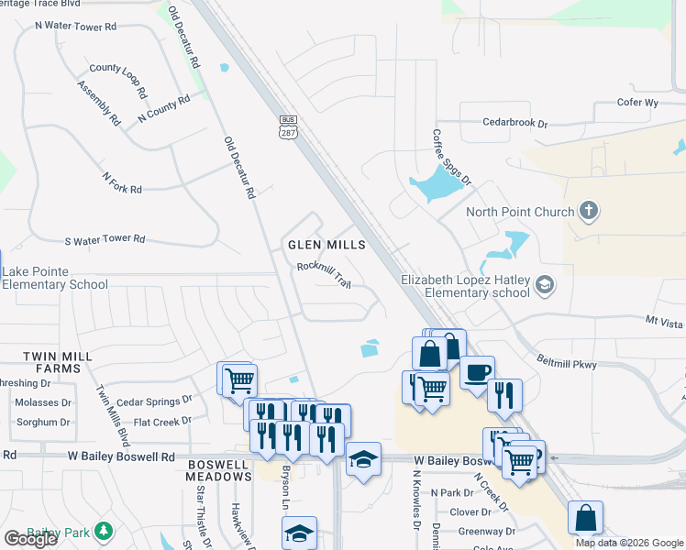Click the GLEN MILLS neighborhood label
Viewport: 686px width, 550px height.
coord(326,245)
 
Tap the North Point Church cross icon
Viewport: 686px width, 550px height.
coord(589,212)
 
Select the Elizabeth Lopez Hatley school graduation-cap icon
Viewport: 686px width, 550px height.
coord(546,284)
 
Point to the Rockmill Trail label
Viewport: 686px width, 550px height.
coord(324,274)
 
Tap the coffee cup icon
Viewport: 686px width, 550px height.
coord(477,372)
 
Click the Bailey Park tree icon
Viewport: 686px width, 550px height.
coord(105,531)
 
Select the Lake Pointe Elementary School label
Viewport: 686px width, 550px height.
coord(55,277)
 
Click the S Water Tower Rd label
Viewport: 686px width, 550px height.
coord(105,240)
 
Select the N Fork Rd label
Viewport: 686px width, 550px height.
coord(122,182)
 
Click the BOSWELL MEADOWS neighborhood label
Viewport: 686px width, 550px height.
coord(218,470)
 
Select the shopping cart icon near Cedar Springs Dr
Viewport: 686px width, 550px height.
coord(238,379)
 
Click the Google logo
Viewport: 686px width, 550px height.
coord(30,539)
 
